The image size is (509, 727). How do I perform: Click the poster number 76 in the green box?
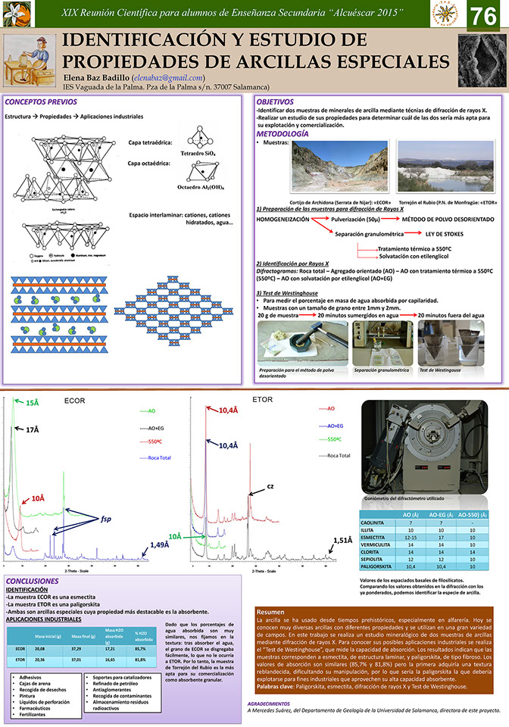tap(484, 16)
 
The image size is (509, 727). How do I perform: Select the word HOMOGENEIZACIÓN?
tap(283, 218)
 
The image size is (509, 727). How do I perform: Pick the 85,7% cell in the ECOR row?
tap(140, 648)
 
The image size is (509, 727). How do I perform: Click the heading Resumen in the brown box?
tap(270, 611)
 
